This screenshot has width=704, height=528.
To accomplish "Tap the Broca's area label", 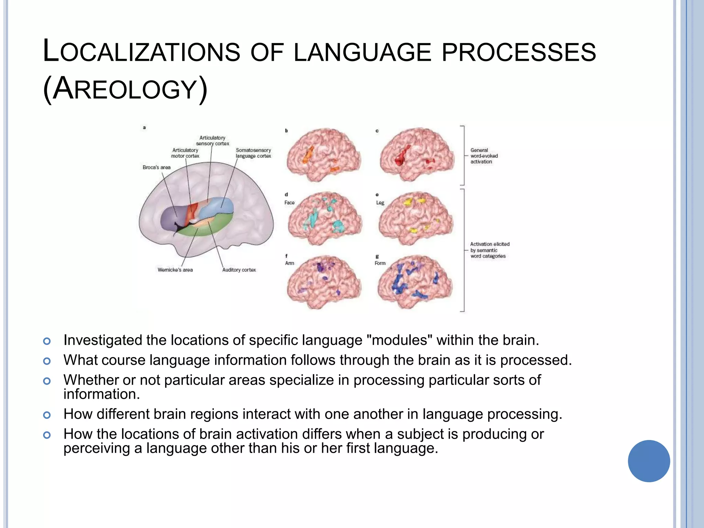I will [x=156, y=167].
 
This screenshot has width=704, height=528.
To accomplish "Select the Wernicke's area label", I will [x=175, y=270].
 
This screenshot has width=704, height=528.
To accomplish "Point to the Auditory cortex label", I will [x=239, y=270].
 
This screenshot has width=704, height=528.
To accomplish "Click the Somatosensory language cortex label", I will [x=253, y=153].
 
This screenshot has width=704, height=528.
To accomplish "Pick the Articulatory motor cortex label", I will [x=185, y=153].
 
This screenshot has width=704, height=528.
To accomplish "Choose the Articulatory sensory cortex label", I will [x=212, y=141].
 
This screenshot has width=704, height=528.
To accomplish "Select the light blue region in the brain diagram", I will [x=217, y=206].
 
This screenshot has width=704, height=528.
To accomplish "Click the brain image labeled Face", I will [x=324, y=218].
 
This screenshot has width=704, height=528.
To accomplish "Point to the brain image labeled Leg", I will [x=415, y=218].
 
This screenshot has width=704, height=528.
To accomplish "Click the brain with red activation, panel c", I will [x=416, y=155].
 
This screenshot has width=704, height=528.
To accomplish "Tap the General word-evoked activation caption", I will [x=484, y=156].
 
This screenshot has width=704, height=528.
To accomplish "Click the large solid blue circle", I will [x=649, y=461].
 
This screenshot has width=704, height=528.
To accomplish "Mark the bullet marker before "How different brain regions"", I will [x=47, y=415].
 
